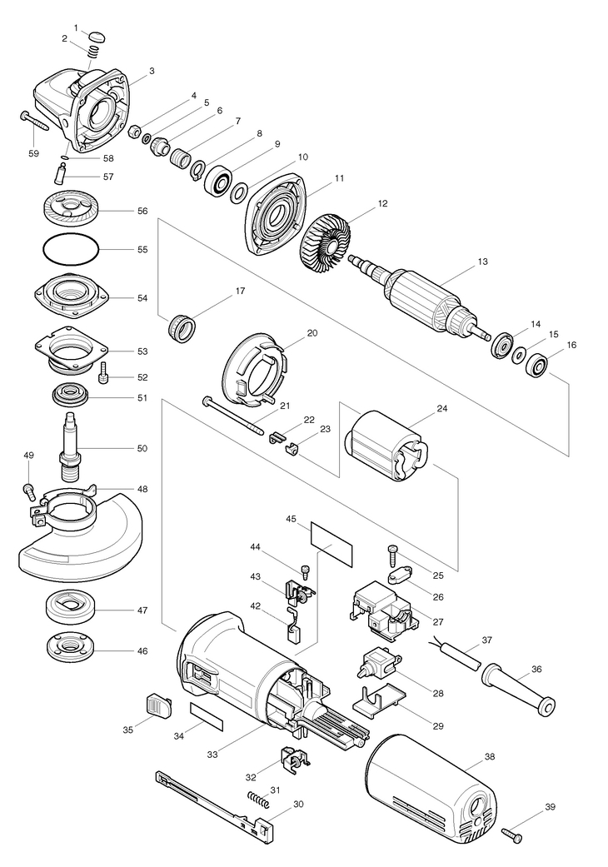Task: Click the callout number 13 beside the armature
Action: point(482,262)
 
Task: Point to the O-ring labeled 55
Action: point(71,249)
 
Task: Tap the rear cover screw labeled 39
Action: point(512,835)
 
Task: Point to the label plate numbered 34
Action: point(207,717)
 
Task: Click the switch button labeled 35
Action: point(158,705)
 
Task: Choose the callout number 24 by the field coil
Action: point(441,409)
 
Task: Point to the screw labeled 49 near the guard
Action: point(29,490)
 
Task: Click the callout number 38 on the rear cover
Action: point(489,756)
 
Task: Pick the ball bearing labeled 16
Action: point(536,365)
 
